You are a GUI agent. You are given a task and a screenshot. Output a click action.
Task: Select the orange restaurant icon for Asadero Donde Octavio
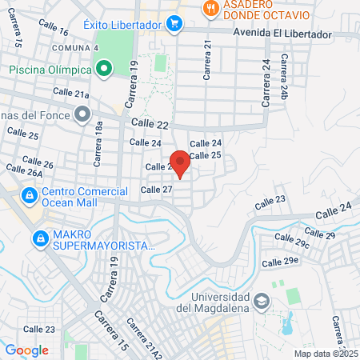(x=210, y=9)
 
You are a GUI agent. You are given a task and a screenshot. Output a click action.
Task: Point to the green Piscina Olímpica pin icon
(x=103, y=70)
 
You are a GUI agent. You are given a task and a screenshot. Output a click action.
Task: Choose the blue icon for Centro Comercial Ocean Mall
(x=29, y=194)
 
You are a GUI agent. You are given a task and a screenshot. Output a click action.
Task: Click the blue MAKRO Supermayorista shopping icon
(x=40, y=238)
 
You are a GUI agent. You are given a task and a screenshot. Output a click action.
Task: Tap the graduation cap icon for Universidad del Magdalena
(x=261, y=302)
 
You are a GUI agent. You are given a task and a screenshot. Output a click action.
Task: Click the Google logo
(x=27, y=350)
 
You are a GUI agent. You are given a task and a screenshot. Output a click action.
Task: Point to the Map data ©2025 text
(x=326, y=354)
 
